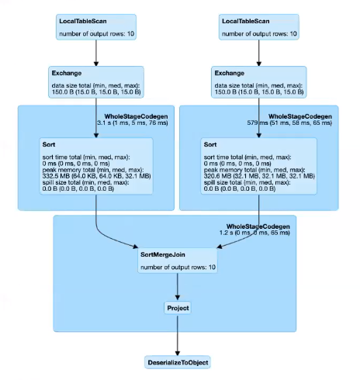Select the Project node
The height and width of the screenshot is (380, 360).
[x=178, y=308]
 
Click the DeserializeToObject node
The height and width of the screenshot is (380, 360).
[x=178, y=362]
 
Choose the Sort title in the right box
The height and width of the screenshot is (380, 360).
[x=210, y=144]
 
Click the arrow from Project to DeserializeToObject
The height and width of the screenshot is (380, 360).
[x=178, y=335]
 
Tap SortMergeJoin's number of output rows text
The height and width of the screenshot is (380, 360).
[x=177, y=268]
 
